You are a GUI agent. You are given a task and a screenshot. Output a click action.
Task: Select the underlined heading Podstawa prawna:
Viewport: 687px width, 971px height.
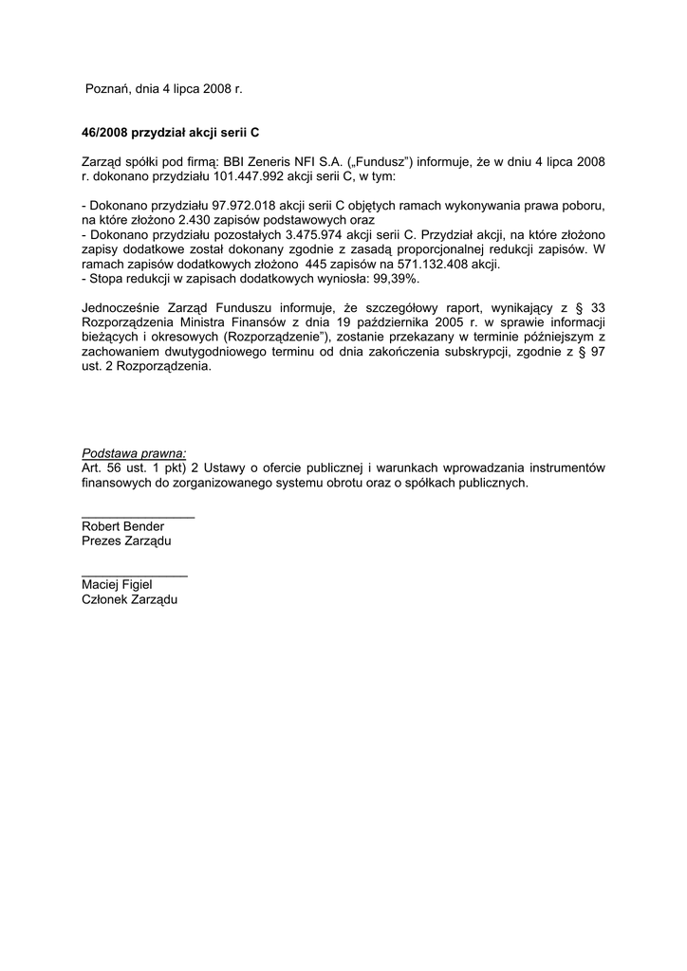[134, 453]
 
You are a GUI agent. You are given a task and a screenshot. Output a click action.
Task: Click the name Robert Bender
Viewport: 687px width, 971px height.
[123, 526]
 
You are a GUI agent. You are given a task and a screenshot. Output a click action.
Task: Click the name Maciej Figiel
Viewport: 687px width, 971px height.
[117, 585]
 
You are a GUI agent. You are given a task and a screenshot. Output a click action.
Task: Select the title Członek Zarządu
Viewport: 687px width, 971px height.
[129, 600]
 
